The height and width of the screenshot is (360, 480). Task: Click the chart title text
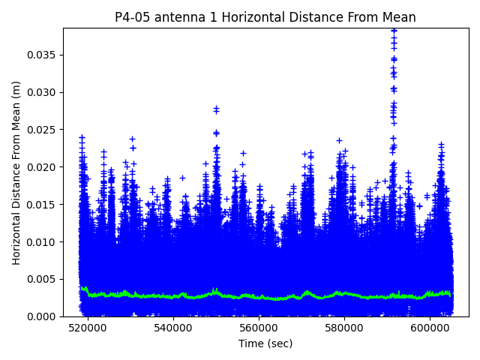click(265, 17)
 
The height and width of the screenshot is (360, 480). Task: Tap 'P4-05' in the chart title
click(132, 17)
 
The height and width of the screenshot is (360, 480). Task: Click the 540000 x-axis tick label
click(174, 328)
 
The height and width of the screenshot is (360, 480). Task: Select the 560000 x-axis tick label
click(259, 328)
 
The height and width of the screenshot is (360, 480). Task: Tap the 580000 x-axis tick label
click(345, 328)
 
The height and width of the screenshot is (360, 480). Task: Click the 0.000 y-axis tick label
click(43, 316)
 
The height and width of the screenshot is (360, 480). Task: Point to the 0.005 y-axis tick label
click(43, 279)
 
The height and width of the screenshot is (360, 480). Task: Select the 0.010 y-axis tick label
click(43, 241)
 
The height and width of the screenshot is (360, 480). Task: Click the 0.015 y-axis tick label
click(43, 204)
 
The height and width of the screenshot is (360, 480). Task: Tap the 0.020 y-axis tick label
click(43, 166)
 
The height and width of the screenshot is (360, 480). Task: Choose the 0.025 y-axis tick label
click(43, 129)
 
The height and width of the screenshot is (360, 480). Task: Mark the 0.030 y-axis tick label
click(43, 92)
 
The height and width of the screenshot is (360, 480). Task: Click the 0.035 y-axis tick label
click(43, 55)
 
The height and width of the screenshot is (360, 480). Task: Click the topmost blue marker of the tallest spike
click(393, 31)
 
